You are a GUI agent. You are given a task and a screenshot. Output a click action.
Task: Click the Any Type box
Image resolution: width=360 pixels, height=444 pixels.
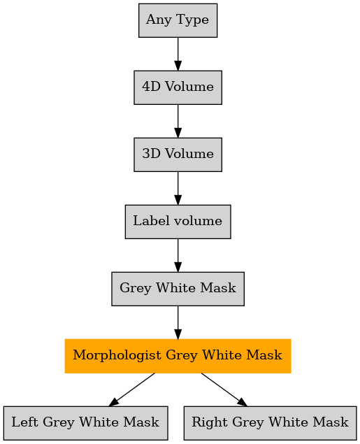[x=178, y=20]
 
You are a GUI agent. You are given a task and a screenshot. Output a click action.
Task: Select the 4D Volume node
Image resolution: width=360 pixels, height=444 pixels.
[x=178, y=87]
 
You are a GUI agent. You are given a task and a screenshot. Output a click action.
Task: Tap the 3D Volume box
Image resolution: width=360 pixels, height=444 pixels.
[x=178, y=155]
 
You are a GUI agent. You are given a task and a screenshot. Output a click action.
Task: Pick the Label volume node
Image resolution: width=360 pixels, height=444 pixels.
[x=178, y=222]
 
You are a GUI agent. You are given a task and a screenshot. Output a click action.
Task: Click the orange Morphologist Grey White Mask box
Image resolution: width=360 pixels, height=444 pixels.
[x=178, y=356]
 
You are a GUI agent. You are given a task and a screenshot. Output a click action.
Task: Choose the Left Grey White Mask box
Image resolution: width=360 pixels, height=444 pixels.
[x=85, y=423]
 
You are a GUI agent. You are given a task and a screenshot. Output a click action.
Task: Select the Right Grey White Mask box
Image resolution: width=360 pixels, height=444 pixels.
[x=270, y=423]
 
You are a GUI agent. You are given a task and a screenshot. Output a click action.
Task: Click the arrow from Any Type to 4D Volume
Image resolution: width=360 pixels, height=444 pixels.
[x=178, y=54]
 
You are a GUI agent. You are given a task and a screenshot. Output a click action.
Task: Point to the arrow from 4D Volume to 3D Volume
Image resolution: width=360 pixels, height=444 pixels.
[x=178, y=121]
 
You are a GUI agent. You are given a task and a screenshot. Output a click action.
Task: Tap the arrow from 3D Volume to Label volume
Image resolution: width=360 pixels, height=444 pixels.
[x=178, y=188]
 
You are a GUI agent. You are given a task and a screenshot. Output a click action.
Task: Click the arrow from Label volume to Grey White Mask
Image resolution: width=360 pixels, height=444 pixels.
[x=178, y=255]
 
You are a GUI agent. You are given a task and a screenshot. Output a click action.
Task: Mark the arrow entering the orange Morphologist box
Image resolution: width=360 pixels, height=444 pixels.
[x=178, y=322]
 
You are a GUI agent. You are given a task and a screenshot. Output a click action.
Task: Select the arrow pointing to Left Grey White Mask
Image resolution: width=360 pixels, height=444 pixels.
[x=132, y=389]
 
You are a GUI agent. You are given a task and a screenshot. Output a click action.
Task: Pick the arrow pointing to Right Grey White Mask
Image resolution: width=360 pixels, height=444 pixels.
[x=224, y=389]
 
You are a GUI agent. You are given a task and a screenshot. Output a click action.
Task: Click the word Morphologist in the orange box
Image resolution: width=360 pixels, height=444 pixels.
[x=117, y=355]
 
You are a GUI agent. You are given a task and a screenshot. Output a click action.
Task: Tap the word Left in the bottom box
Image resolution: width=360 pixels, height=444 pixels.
[x=25, y=422]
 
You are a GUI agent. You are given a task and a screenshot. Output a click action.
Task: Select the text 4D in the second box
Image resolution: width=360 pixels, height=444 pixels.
[x=152, y=87]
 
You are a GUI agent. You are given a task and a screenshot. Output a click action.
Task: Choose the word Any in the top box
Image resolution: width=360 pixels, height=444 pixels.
[x=159, y=20]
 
